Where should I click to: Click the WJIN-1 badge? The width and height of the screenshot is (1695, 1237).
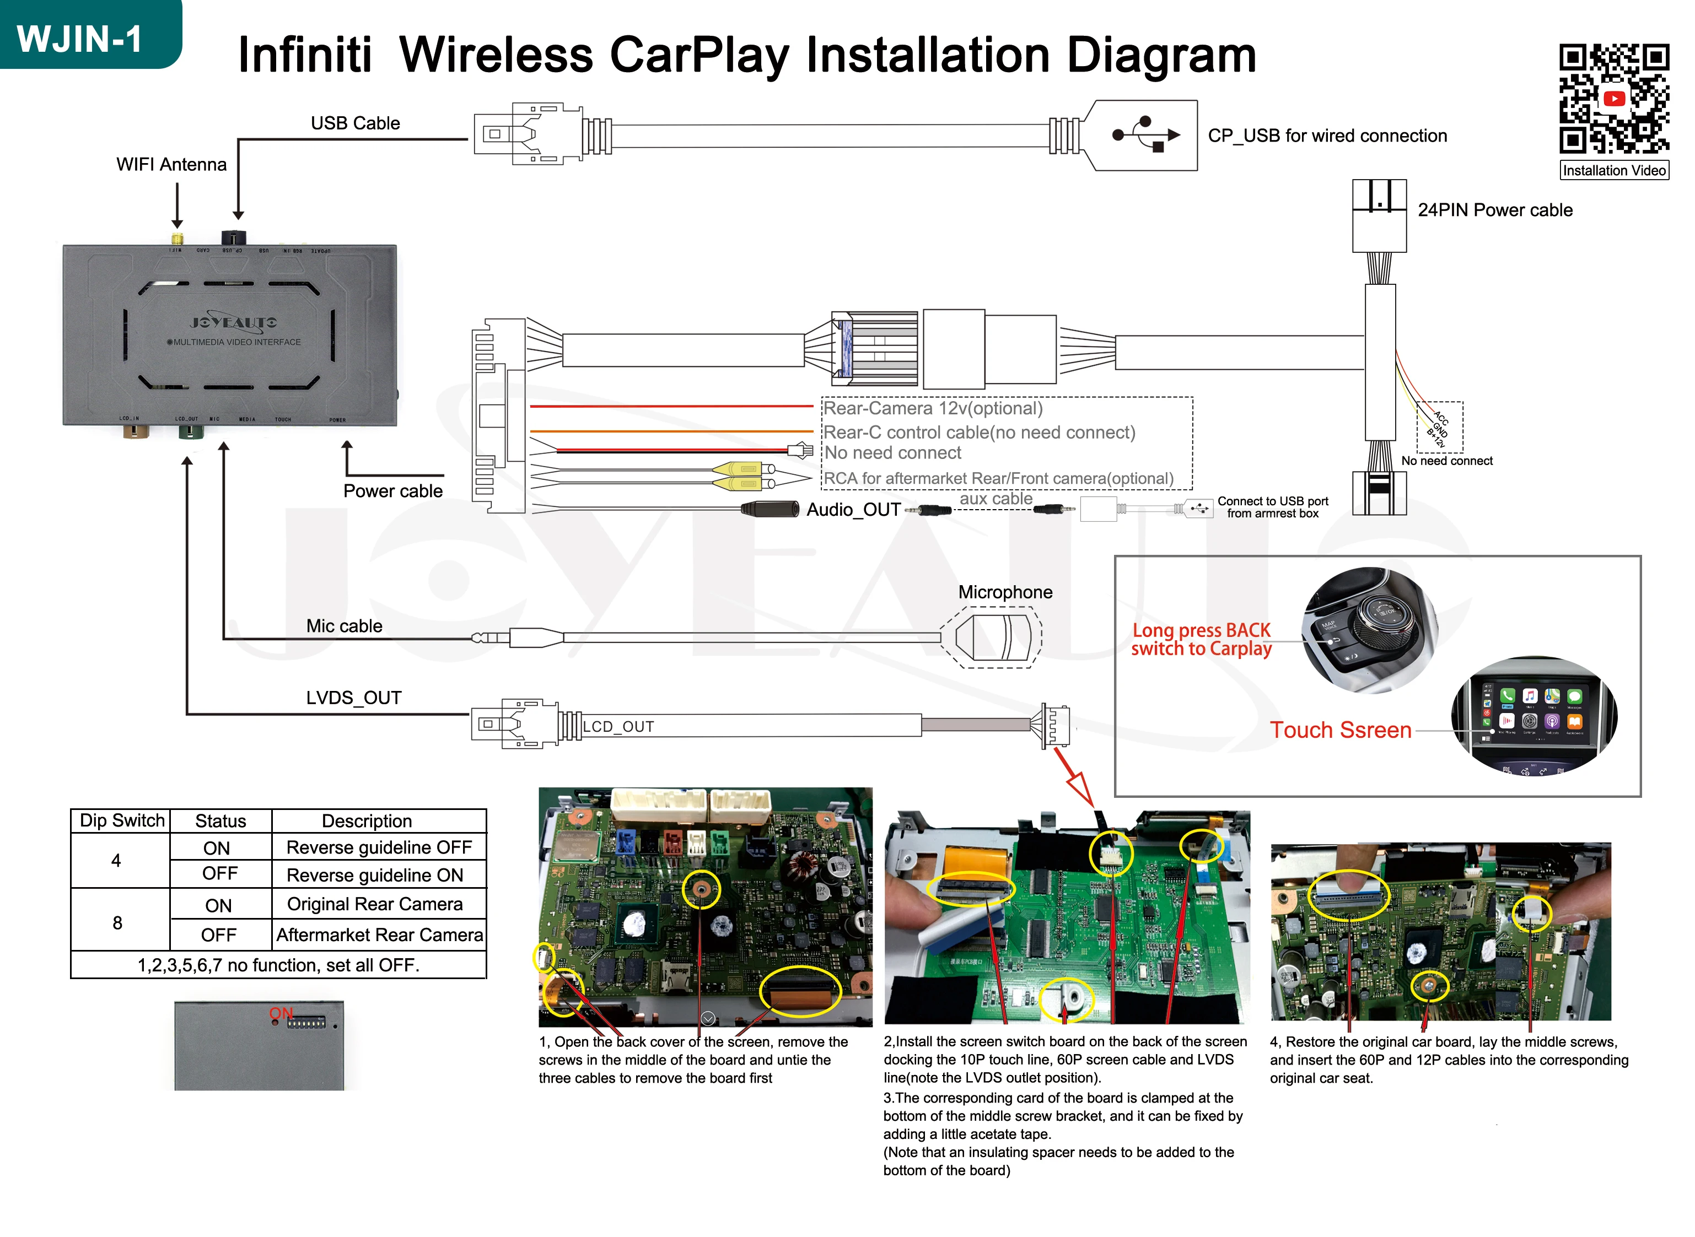(x=81, y=37)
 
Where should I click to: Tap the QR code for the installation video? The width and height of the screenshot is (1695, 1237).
(x=1613, y=98)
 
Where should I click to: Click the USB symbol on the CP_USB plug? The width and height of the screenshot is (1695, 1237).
(x=1146, y=135)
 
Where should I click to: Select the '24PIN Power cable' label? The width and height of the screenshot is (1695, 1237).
(x=1494, y=210)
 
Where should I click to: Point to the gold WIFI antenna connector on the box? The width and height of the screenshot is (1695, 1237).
(x=177, y=240)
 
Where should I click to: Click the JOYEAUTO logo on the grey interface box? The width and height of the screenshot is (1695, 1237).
(x=233, y=323)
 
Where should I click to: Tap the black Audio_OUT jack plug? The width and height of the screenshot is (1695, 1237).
(x=770, y=510)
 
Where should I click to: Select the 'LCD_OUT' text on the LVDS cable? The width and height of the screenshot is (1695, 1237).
(x=618, y=726)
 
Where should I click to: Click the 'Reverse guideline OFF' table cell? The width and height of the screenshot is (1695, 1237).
(x=379, y=847)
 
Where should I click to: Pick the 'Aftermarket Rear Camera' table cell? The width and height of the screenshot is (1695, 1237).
(x=379, y=935)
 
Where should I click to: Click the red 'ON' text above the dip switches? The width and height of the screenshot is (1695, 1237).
(x=281, y=1013)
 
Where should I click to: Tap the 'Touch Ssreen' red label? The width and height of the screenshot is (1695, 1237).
(x=1340, y=730)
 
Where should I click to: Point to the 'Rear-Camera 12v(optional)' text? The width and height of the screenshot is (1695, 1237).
(x=933, y=409)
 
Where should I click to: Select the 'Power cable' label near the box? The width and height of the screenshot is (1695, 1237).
(x=392, y=491)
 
